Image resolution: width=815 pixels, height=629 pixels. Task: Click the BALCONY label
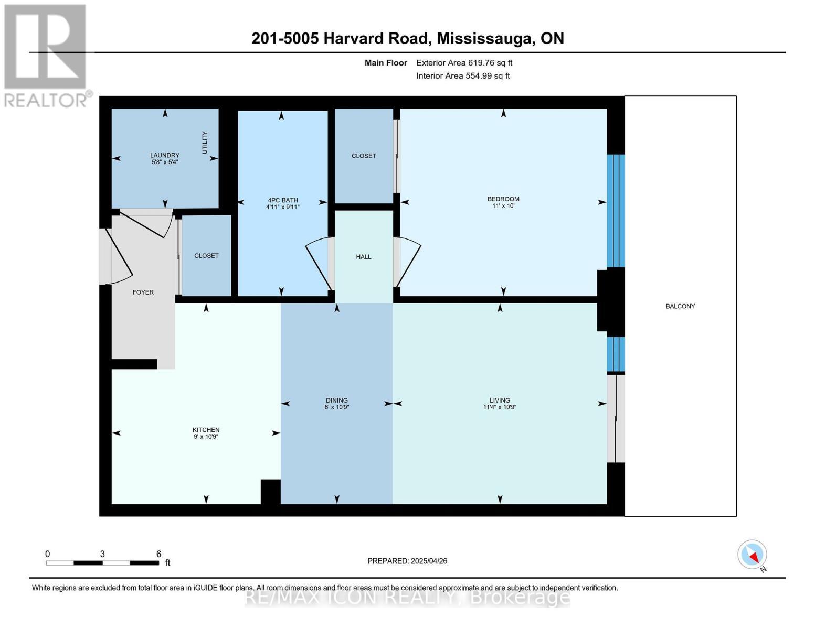pyautogui.click(x=680, y=306)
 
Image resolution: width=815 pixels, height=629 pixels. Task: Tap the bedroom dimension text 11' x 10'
pyautogui.click(x=503, y=205)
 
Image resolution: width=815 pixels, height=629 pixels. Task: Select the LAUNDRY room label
pyautogui.click(x=165, y=155)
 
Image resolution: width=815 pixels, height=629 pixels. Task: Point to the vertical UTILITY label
pyautogui.click(x=205, y=143)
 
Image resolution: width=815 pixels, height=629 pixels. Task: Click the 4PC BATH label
pyautogui.click(x=283, y=200)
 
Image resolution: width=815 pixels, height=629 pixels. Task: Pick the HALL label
pyautogui.click(x=364, y=257)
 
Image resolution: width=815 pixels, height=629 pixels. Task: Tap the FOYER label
pyautogui.click(x=143, y=292)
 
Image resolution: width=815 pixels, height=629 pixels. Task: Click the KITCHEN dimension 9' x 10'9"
pyautogui.click(x=206, y=437)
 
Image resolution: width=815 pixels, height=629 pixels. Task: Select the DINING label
pyautogui.click(x=337, y=400)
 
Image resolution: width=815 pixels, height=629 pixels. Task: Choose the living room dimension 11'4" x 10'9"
pyautogui.click(x=500, y=407)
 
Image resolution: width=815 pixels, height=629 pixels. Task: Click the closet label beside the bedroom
pyautogui.click(x=364, y=156)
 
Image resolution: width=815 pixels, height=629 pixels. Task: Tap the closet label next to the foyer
pyautogui.click(x=206, y=255)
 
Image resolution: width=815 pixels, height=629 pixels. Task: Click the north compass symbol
pyautogui.click(x=752, y=555)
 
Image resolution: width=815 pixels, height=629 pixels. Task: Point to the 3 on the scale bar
pyautogui.click(x=102, y=554)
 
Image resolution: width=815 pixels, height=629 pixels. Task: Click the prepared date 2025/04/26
pyautogui.click(x=429, y=561)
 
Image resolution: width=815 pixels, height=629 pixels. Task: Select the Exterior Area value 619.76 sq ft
pyautogui.click(x=489, y=63)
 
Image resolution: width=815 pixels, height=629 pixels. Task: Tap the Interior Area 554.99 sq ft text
pyautogui.click(x=463, y=75)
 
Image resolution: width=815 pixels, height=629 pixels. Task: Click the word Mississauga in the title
pyautogui.click(x=486, y=38)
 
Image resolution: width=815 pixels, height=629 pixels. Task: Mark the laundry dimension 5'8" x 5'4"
pyautogui.click(x=165, y=162)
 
